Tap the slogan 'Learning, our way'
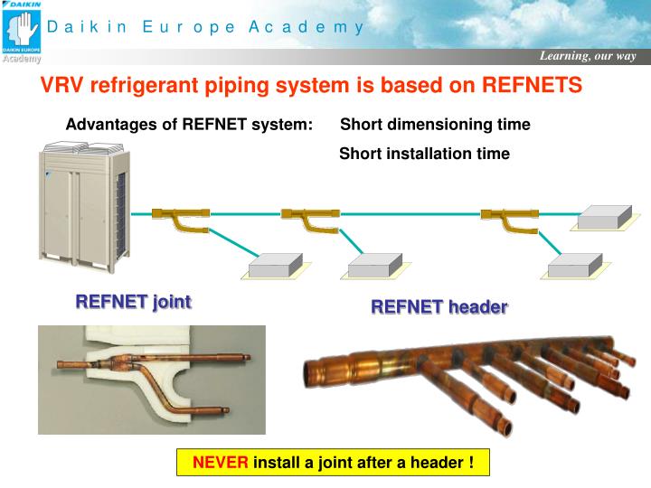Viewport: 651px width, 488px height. click(588, 56)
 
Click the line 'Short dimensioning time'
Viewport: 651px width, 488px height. click(435, 124)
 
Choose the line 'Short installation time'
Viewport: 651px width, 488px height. click(424, 154)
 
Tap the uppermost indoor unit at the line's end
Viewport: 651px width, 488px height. click(604, 217)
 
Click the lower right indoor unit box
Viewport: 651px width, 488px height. click(575, 265)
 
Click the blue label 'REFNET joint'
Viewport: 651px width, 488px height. click(133, 302)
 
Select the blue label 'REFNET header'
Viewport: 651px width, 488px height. click(439, 307)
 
